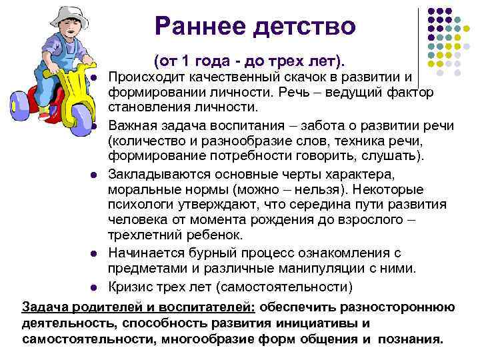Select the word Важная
[x=133, y=125]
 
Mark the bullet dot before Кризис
[x=95, y=288]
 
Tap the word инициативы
[x=313, y=323]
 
